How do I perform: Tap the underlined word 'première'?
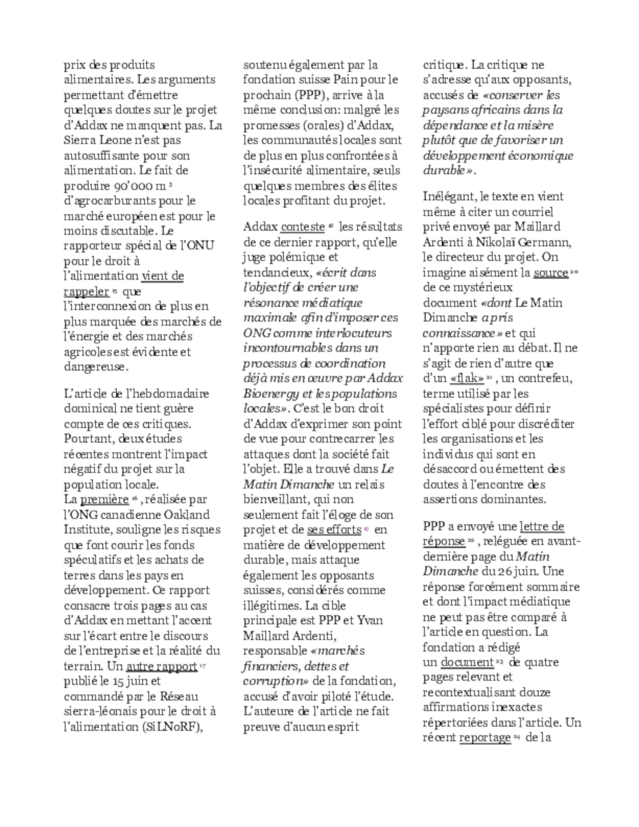point(104,499)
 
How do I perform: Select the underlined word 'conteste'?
point(303,227)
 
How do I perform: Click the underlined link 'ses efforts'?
point(334,530)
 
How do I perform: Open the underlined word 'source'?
point(550,273)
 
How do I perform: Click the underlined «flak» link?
point(467,378)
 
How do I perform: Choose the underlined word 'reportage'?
point(485,738)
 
